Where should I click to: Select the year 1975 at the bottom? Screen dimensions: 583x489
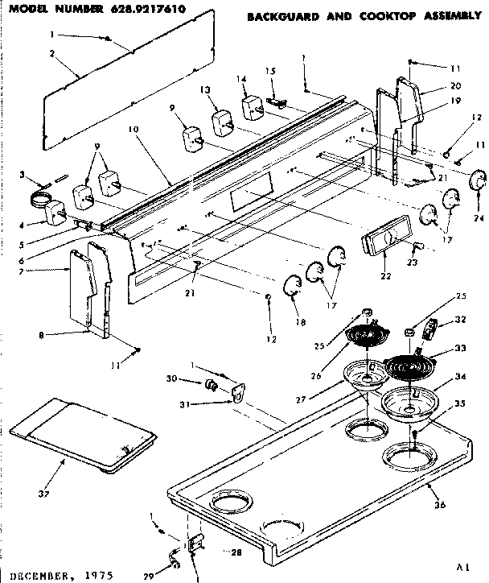(x=97, y=576)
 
